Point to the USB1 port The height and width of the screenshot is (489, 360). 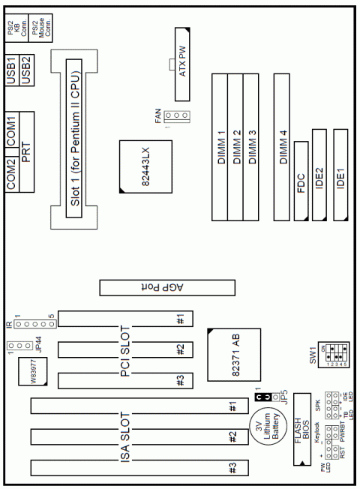pos(12,69)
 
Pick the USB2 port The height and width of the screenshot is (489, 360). pos(28,69)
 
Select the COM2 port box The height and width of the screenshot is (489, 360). pos(12,174)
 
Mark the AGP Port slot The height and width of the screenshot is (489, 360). pos(168,286)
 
